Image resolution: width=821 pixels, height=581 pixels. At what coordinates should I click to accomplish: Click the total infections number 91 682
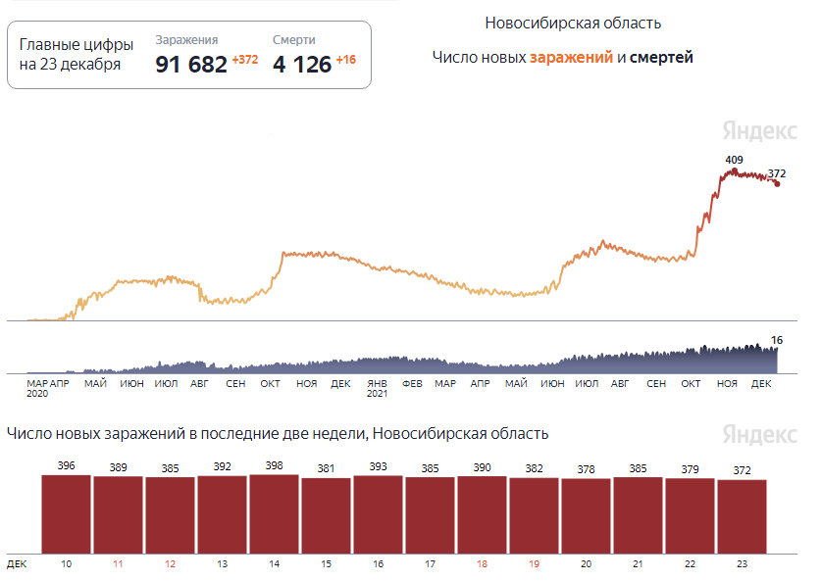point(191,65)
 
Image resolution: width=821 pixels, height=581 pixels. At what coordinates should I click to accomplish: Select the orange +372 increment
point(245,61)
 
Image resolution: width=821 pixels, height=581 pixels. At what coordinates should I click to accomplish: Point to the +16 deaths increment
point(346,61)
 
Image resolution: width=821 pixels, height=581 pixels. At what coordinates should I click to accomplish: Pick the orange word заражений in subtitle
point(571,58)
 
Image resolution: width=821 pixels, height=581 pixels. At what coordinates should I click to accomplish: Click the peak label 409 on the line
point(734,160)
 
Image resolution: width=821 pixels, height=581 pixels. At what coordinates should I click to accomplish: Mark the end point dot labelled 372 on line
point(778,183)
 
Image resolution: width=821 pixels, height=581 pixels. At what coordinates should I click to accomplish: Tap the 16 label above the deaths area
point(777,340)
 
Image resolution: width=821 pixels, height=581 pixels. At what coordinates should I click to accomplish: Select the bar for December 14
point(275,514)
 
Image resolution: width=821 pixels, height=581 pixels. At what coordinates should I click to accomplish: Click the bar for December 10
point(67,514)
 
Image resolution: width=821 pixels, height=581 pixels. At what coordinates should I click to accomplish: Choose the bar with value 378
point(587,516)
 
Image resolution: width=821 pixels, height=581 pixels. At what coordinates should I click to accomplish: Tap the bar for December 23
point(743,516)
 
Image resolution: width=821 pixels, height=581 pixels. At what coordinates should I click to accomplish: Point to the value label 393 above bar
point(379,466)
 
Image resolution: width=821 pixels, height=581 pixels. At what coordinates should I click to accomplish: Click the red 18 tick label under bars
point(483,564)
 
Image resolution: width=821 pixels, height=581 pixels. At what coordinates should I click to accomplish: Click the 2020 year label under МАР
point(37,394)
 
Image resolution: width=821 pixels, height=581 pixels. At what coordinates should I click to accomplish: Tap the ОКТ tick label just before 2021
point(271,383)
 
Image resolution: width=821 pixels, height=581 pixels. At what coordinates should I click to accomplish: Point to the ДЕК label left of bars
point(17,564)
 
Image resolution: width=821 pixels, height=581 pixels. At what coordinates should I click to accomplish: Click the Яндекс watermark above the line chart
point(760,131)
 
